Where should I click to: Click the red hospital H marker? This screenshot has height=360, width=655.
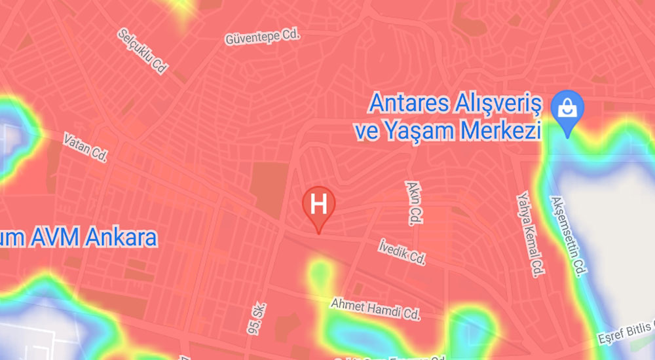319,204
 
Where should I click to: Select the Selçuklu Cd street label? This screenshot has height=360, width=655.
141,50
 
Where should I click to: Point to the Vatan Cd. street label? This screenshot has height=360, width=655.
85,147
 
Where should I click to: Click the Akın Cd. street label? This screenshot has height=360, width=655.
414,203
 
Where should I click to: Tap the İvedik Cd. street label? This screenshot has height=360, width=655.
402,251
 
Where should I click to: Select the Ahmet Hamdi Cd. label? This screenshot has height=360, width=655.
375,309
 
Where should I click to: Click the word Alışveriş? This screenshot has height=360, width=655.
497,104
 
